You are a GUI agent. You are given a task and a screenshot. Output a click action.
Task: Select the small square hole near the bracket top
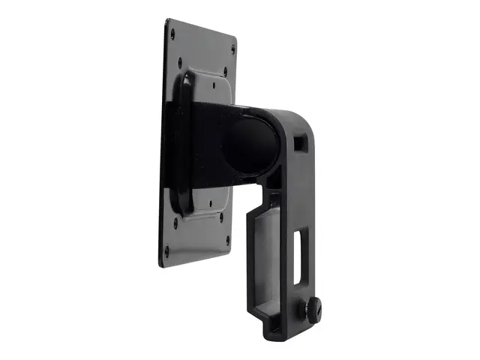[301, 141]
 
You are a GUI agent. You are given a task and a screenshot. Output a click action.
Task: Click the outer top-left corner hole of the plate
[172, 33]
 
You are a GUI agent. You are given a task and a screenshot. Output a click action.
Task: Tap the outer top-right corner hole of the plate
[232, 50]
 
